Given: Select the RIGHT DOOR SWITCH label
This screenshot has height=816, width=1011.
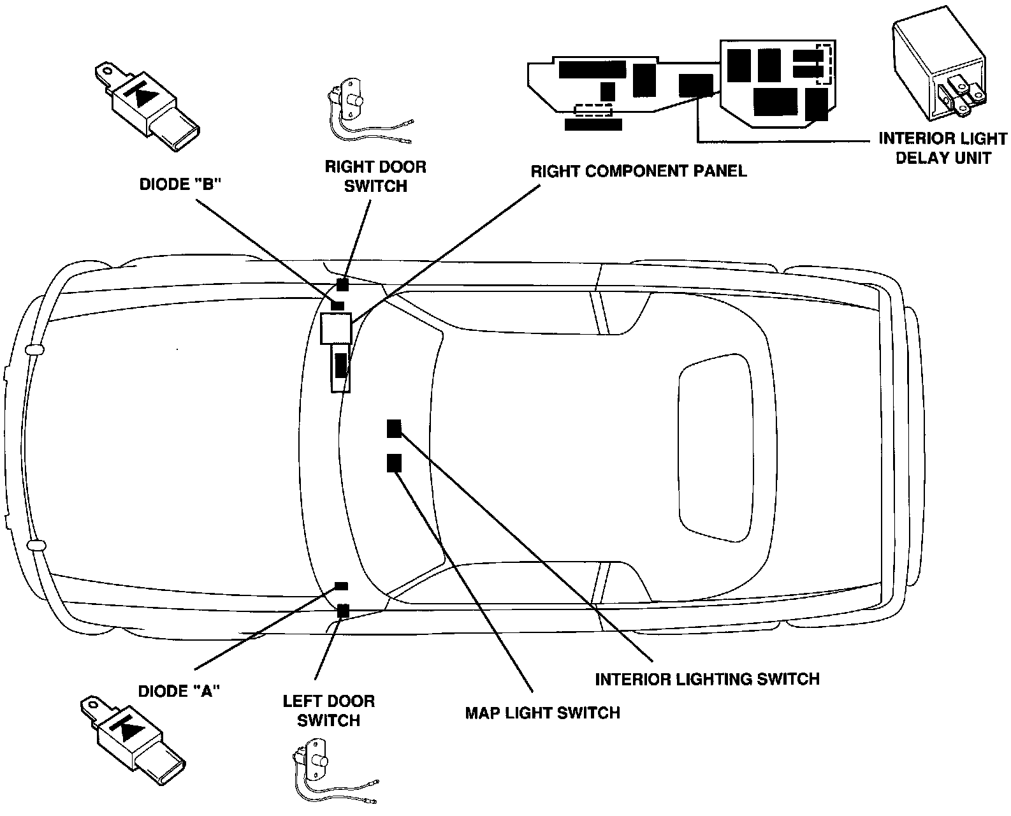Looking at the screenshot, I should [375, 177].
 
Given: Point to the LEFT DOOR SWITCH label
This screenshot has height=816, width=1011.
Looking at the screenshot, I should [328, 711].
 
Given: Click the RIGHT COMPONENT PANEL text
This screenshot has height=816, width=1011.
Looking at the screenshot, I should [639, 171].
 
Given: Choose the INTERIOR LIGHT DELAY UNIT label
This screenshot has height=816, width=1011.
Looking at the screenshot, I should [943, 148].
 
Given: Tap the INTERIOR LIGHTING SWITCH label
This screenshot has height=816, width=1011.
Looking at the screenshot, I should [707, 679].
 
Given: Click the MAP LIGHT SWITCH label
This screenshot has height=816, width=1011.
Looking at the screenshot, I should [542, 712].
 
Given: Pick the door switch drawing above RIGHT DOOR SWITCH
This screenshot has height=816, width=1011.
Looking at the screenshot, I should [357, 112].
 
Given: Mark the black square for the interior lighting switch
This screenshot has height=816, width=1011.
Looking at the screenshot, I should [394, 429].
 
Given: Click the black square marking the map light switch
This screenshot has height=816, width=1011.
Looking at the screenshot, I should [394, 463].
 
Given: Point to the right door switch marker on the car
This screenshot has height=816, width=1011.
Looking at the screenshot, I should [343, 285].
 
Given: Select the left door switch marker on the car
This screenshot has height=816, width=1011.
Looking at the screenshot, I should [343, 611].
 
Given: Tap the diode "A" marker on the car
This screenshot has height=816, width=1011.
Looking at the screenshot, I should [341, 585].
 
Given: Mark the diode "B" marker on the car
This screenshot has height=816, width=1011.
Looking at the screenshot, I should [338, 306].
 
